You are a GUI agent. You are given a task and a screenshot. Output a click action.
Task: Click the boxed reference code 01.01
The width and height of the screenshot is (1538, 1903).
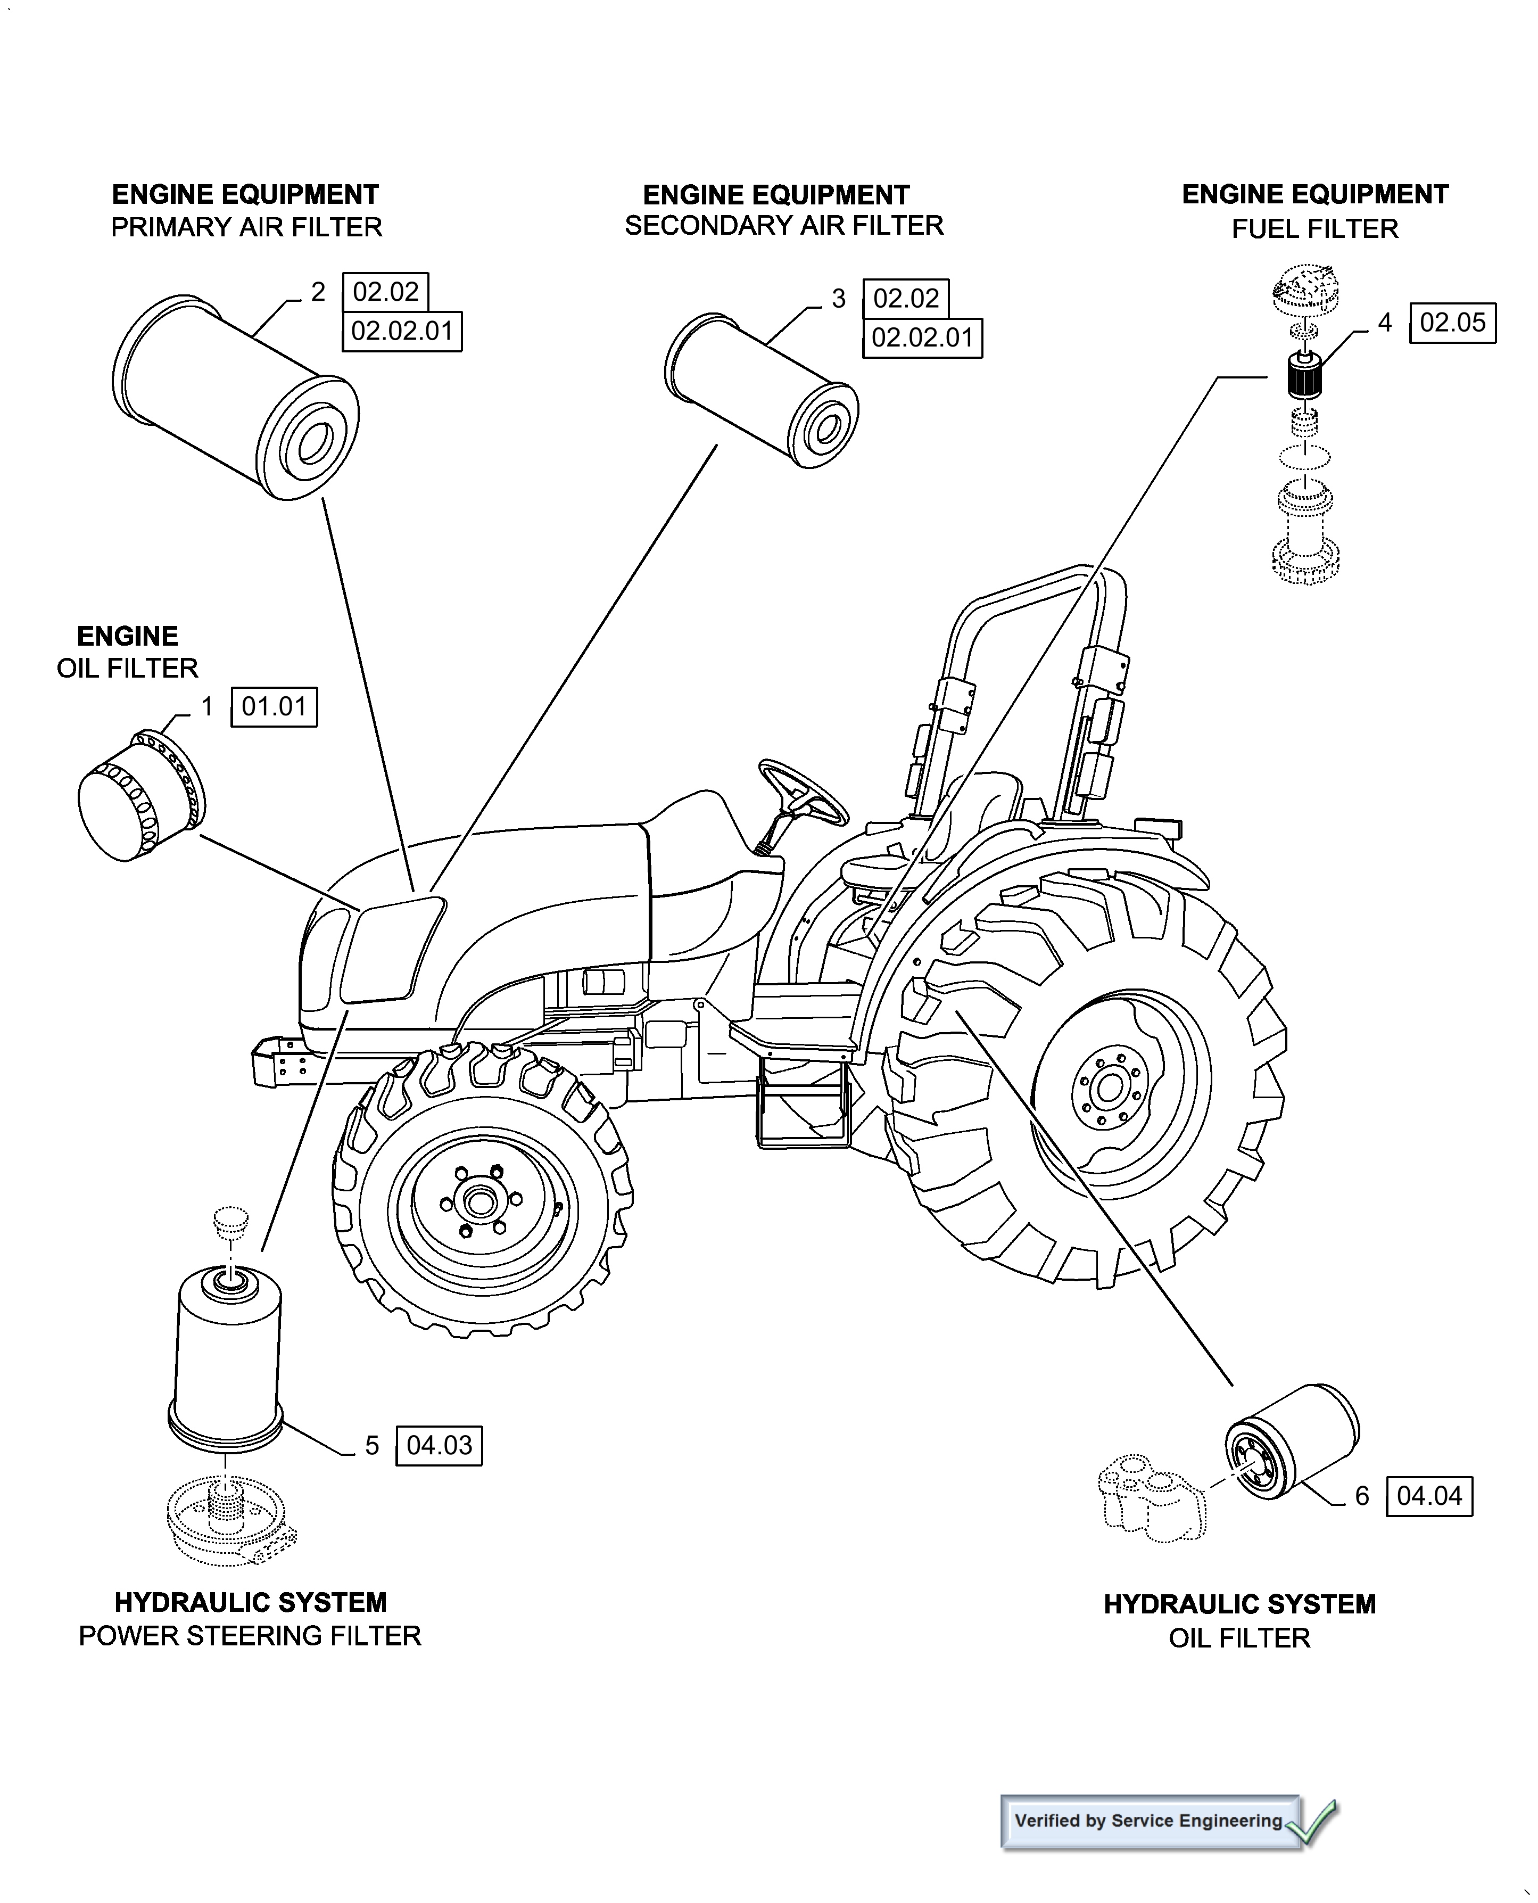click(274, 707)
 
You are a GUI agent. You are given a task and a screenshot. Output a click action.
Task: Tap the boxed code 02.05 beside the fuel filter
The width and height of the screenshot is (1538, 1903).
click(1452, 323)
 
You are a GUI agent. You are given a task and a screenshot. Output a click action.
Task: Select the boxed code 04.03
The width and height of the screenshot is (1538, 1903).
click(440, 1446)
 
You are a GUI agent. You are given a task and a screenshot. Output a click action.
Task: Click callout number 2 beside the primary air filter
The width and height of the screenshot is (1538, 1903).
click(318, 292)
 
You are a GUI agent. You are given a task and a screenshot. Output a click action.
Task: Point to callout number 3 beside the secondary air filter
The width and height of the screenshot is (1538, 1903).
click(838, 300)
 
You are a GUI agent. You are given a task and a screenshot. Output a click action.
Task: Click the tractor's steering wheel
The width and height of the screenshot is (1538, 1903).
click(803, 791)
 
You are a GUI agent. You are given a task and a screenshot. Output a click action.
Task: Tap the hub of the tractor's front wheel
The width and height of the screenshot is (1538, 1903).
click(481, 1202)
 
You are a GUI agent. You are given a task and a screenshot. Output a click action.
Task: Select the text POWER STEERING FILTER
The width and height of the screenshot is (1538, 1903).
click(250, 1635)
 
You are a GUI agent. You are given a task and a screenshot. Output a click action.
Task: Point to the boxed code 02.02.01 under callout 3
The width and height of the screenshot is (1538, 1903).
click(922, 337)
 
